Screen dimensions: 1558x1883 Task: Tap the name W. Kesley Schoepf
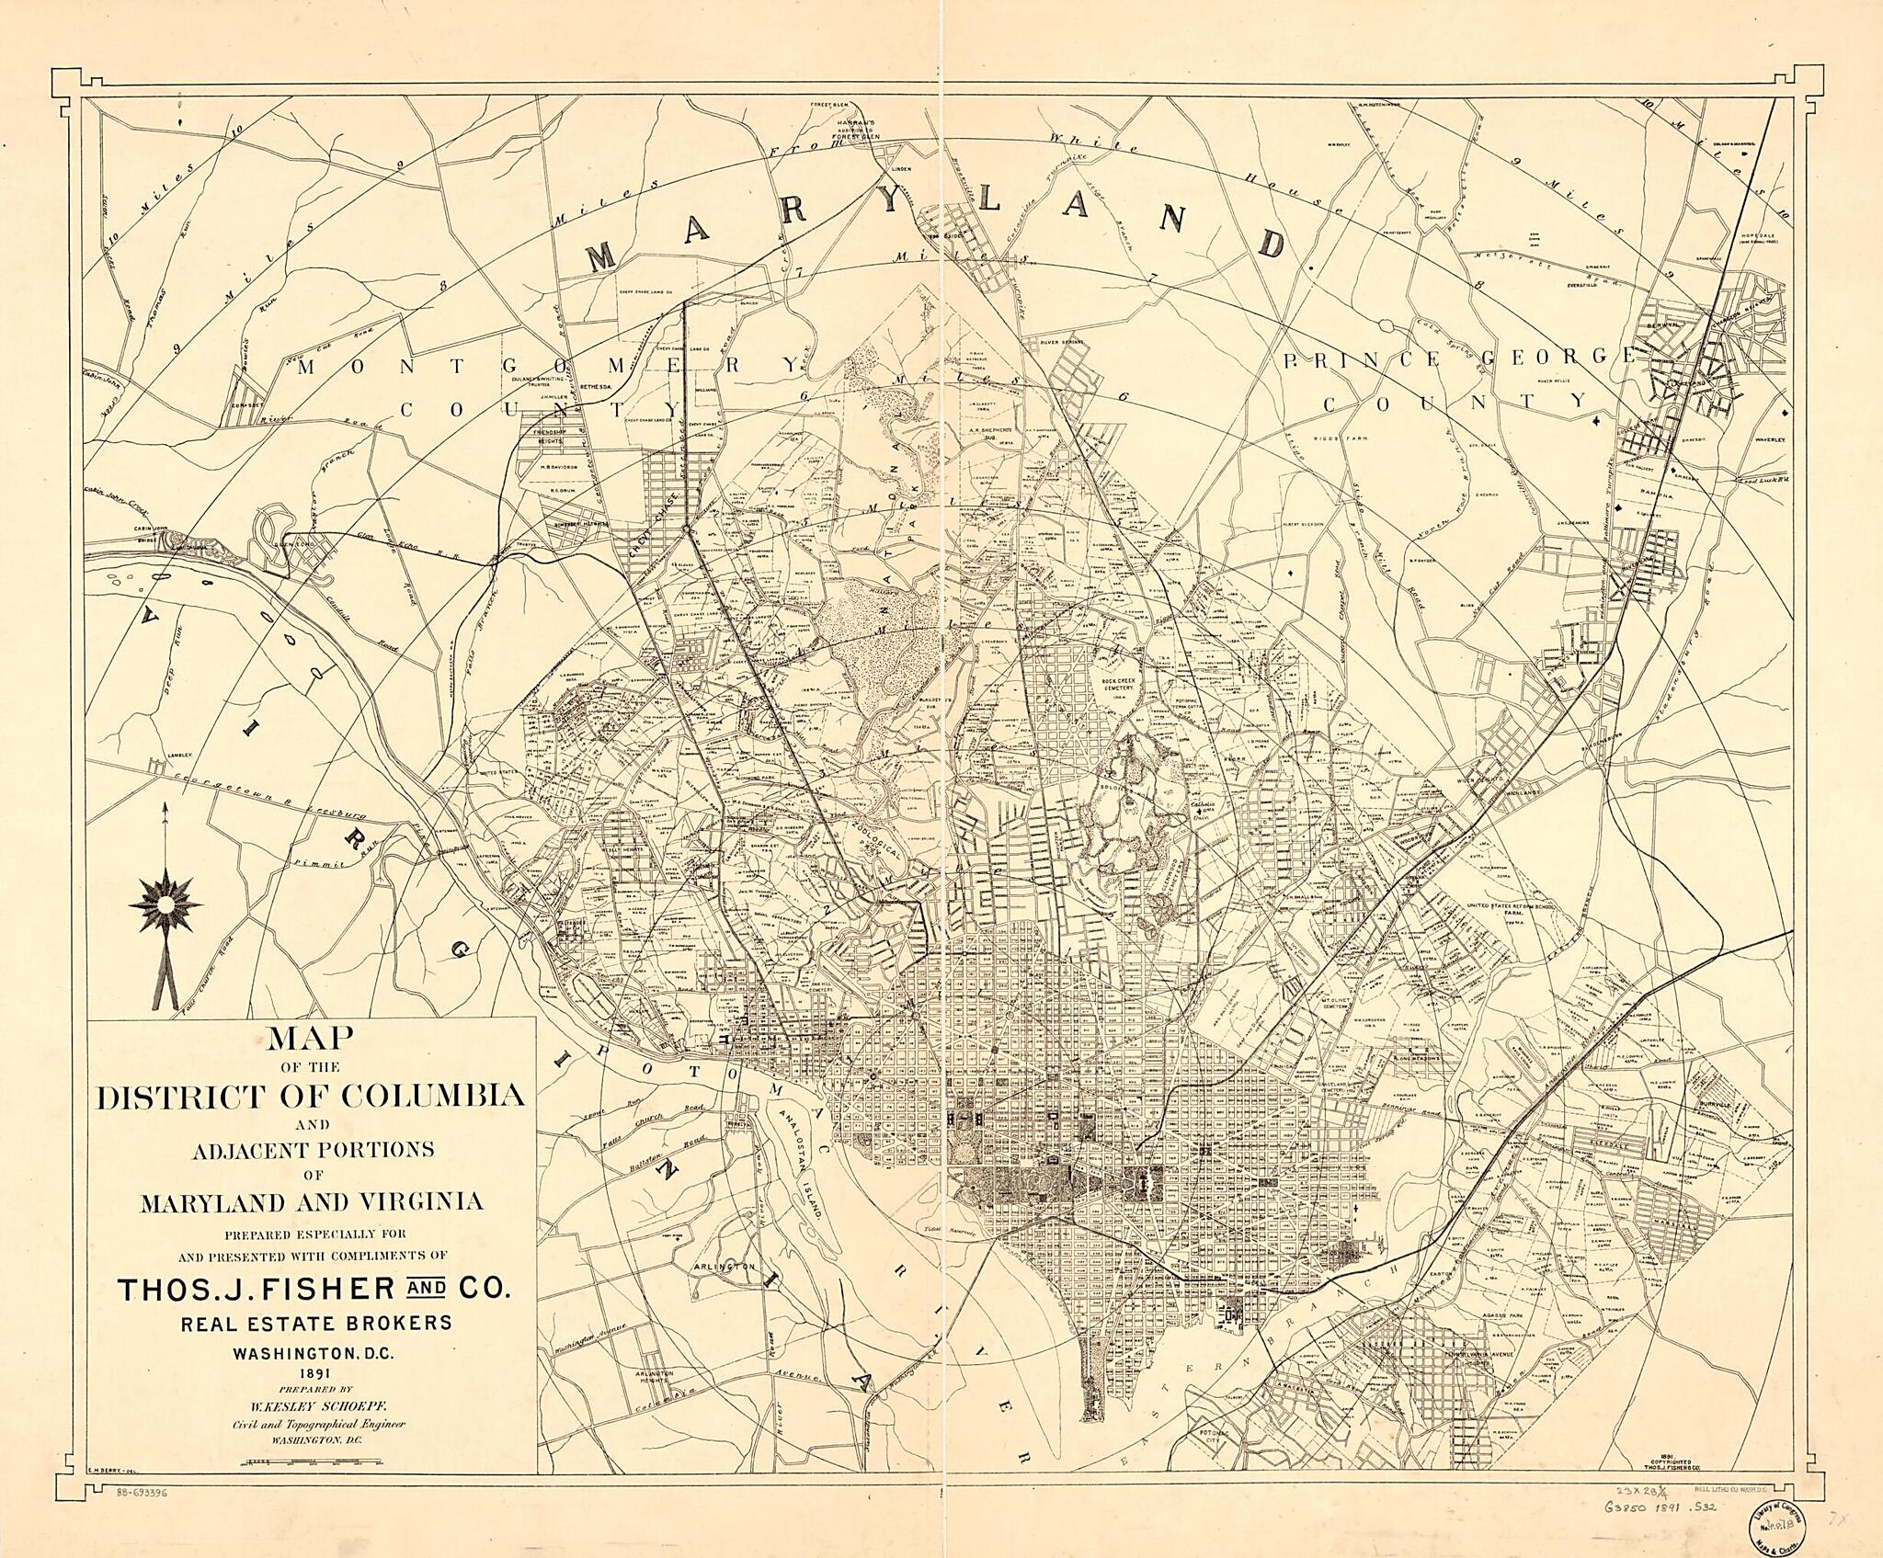(312, 1404)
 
